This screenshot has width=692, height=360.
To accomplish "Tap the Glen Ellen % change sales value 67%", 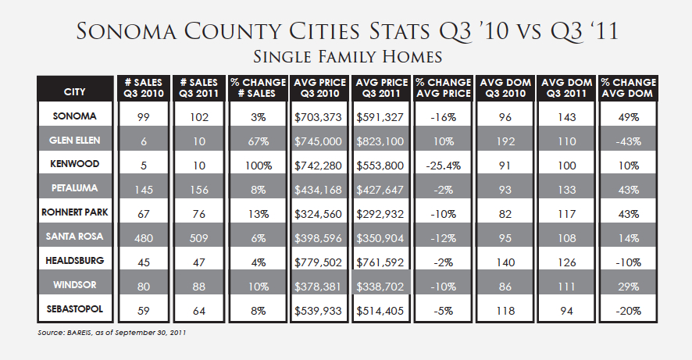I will [258, 141].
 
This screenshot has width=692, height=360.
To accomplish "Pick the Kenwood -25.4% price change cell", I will [443, 166].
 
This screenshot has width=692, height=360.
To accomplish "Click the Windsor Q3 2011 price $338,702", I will [382, 287].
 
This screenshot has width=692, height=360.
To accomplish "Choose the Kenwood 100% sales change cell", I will [258, 166].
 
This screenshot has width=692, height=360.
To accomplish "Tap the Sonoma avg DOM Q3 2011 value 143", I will [566, 117].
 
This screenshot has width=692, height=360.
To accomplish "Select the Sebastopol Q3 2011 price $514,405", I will [382, 311].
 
